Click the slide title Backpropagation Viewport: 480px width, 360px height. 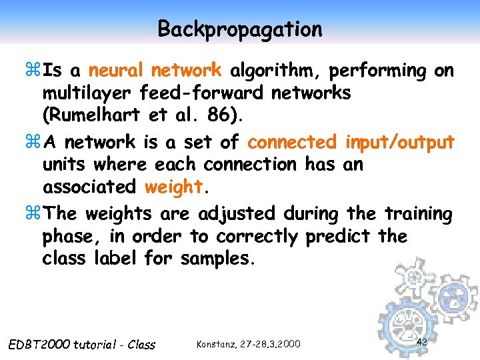(x=240, y=29)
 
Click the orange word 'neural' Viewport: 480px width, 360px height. (x=117, y=70)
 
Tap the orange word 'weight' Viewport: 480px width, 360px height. (x=173, y=187)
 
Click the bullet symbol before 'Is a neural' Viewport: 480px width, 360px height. (x=37, y=71)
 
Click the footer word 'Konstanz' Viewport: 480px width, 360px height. (x=217, y=344)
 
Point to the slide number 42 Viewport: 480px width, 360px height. (x=421, y=342)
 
